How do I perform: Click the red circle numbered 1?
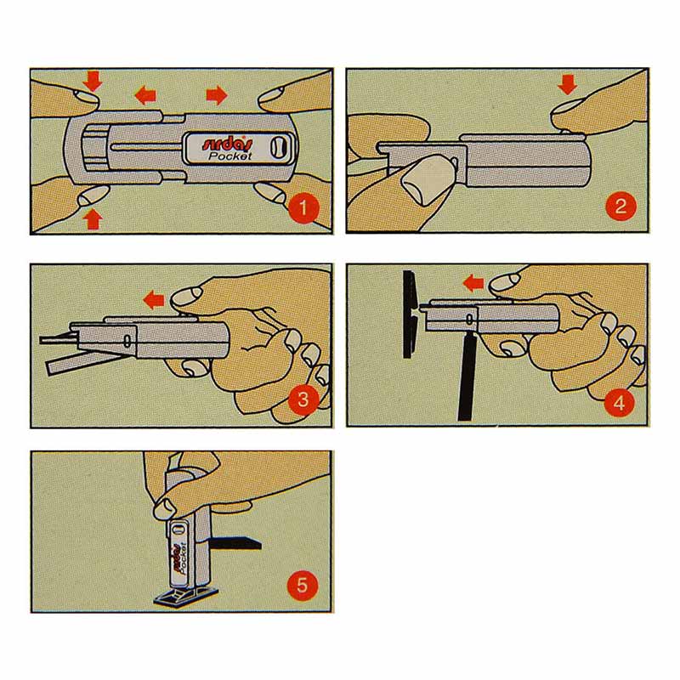point(303,207)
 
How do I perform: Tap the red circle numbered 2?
point(620,206)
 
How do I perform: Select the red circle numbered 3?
point(303,399)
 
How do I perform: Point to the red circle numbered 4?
point(620,402)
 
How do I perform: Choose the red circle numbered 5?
point(303,586)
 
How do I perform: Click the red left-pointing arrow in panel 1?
point(145,94)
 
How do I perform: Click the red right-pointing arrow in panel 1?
point(217,95)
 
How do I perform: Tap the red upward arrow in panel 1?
point(93,219)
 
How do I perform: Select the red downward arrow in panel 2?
point(567,84)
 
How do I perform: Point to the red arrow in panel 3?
point(155,300)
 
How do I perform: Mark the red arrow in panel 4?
point(473,284)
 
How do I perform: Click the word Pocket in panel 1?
point(229,156)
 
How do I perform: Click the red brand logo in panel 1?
point(227,144)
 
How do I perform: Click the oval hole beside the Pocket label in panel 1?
point(278,147)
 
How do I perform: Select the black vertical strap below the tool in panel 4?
point(466,377)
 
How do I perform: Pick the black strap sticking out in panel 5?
point(234,542)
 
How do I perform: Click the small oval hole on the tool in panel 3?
point(127,341)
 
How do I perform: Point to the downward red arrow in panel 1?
point(93,82)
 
